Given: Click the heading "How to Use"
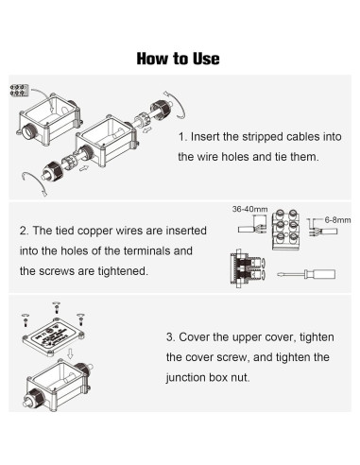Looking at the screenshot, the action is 178,59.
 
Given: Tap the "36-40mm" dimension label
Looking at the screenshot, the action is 249,209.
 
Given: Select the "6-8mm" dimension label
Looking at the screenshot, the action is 337,220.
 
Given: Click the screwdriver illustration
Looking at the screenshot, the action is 306,274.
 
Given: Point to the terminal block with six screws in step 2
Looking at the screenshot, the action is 285,230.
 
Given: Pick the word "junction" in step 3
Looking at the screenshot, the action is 184,377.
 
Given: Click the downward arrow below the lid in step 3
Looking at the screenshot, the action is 70,353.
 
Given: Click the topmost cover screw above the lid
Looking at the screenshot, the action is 57,307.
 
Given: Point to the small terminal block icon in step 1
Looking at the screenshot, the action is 19,90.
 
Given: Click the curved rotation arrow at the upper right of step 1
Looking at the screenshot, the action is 175,105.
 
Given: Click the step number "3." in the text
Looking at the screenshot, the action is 170,337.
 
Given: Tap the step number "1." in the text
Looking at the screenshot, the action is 182,137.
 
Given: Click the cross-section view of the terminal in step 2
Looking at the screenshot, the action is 249,268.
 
